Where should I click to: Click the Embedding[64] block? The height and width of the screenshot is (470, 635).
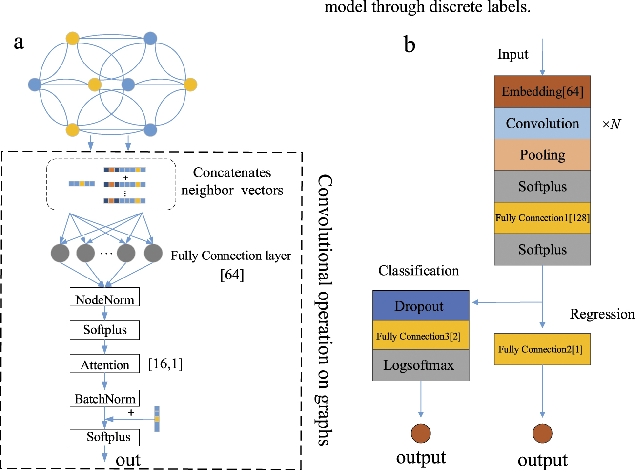point(542,92)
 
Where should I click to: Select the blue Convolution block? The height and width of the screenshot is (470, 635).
point(542,124)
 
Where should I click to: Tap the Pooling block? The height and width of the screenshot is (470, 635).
point(542,155)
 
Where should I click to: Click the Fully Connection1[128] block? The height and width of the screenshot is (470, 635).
point(542,218)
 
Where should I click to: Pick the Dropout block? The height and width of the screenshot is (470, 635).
point(421,306)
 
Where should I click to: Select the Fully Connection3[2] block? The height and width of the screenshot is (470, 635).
point(421,336)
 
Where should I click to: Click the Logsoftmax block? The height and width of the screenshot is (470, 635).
point(421,365)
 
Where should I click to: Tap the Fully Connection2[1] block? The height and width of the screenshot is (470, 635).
point(542,349)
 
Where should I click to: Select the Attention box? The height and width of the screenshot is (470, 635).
point(104,364)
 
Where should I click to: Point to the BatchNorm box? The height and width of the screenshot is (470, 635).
point(104,399)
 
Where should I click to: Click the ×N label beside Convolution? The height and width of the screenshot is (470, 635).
point(611,125)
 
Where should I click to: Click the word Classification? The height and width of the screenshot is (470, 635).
point(418,271)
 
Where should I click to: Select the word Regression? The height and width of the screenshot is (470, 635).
point(602,314)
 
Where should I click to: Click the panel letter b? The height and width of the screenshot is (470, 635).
point(410,45)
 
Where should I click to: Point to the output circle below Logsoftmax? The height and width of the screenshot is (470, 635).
point(421,433)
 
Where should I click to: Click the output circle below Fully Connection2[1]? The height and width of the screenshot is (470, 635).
point(542,433)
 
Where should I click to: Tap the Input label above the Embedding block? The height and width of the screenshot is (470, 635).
point(512,54)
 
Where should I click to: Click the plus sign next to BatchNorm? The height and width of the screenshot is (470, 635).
point(131,413)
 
